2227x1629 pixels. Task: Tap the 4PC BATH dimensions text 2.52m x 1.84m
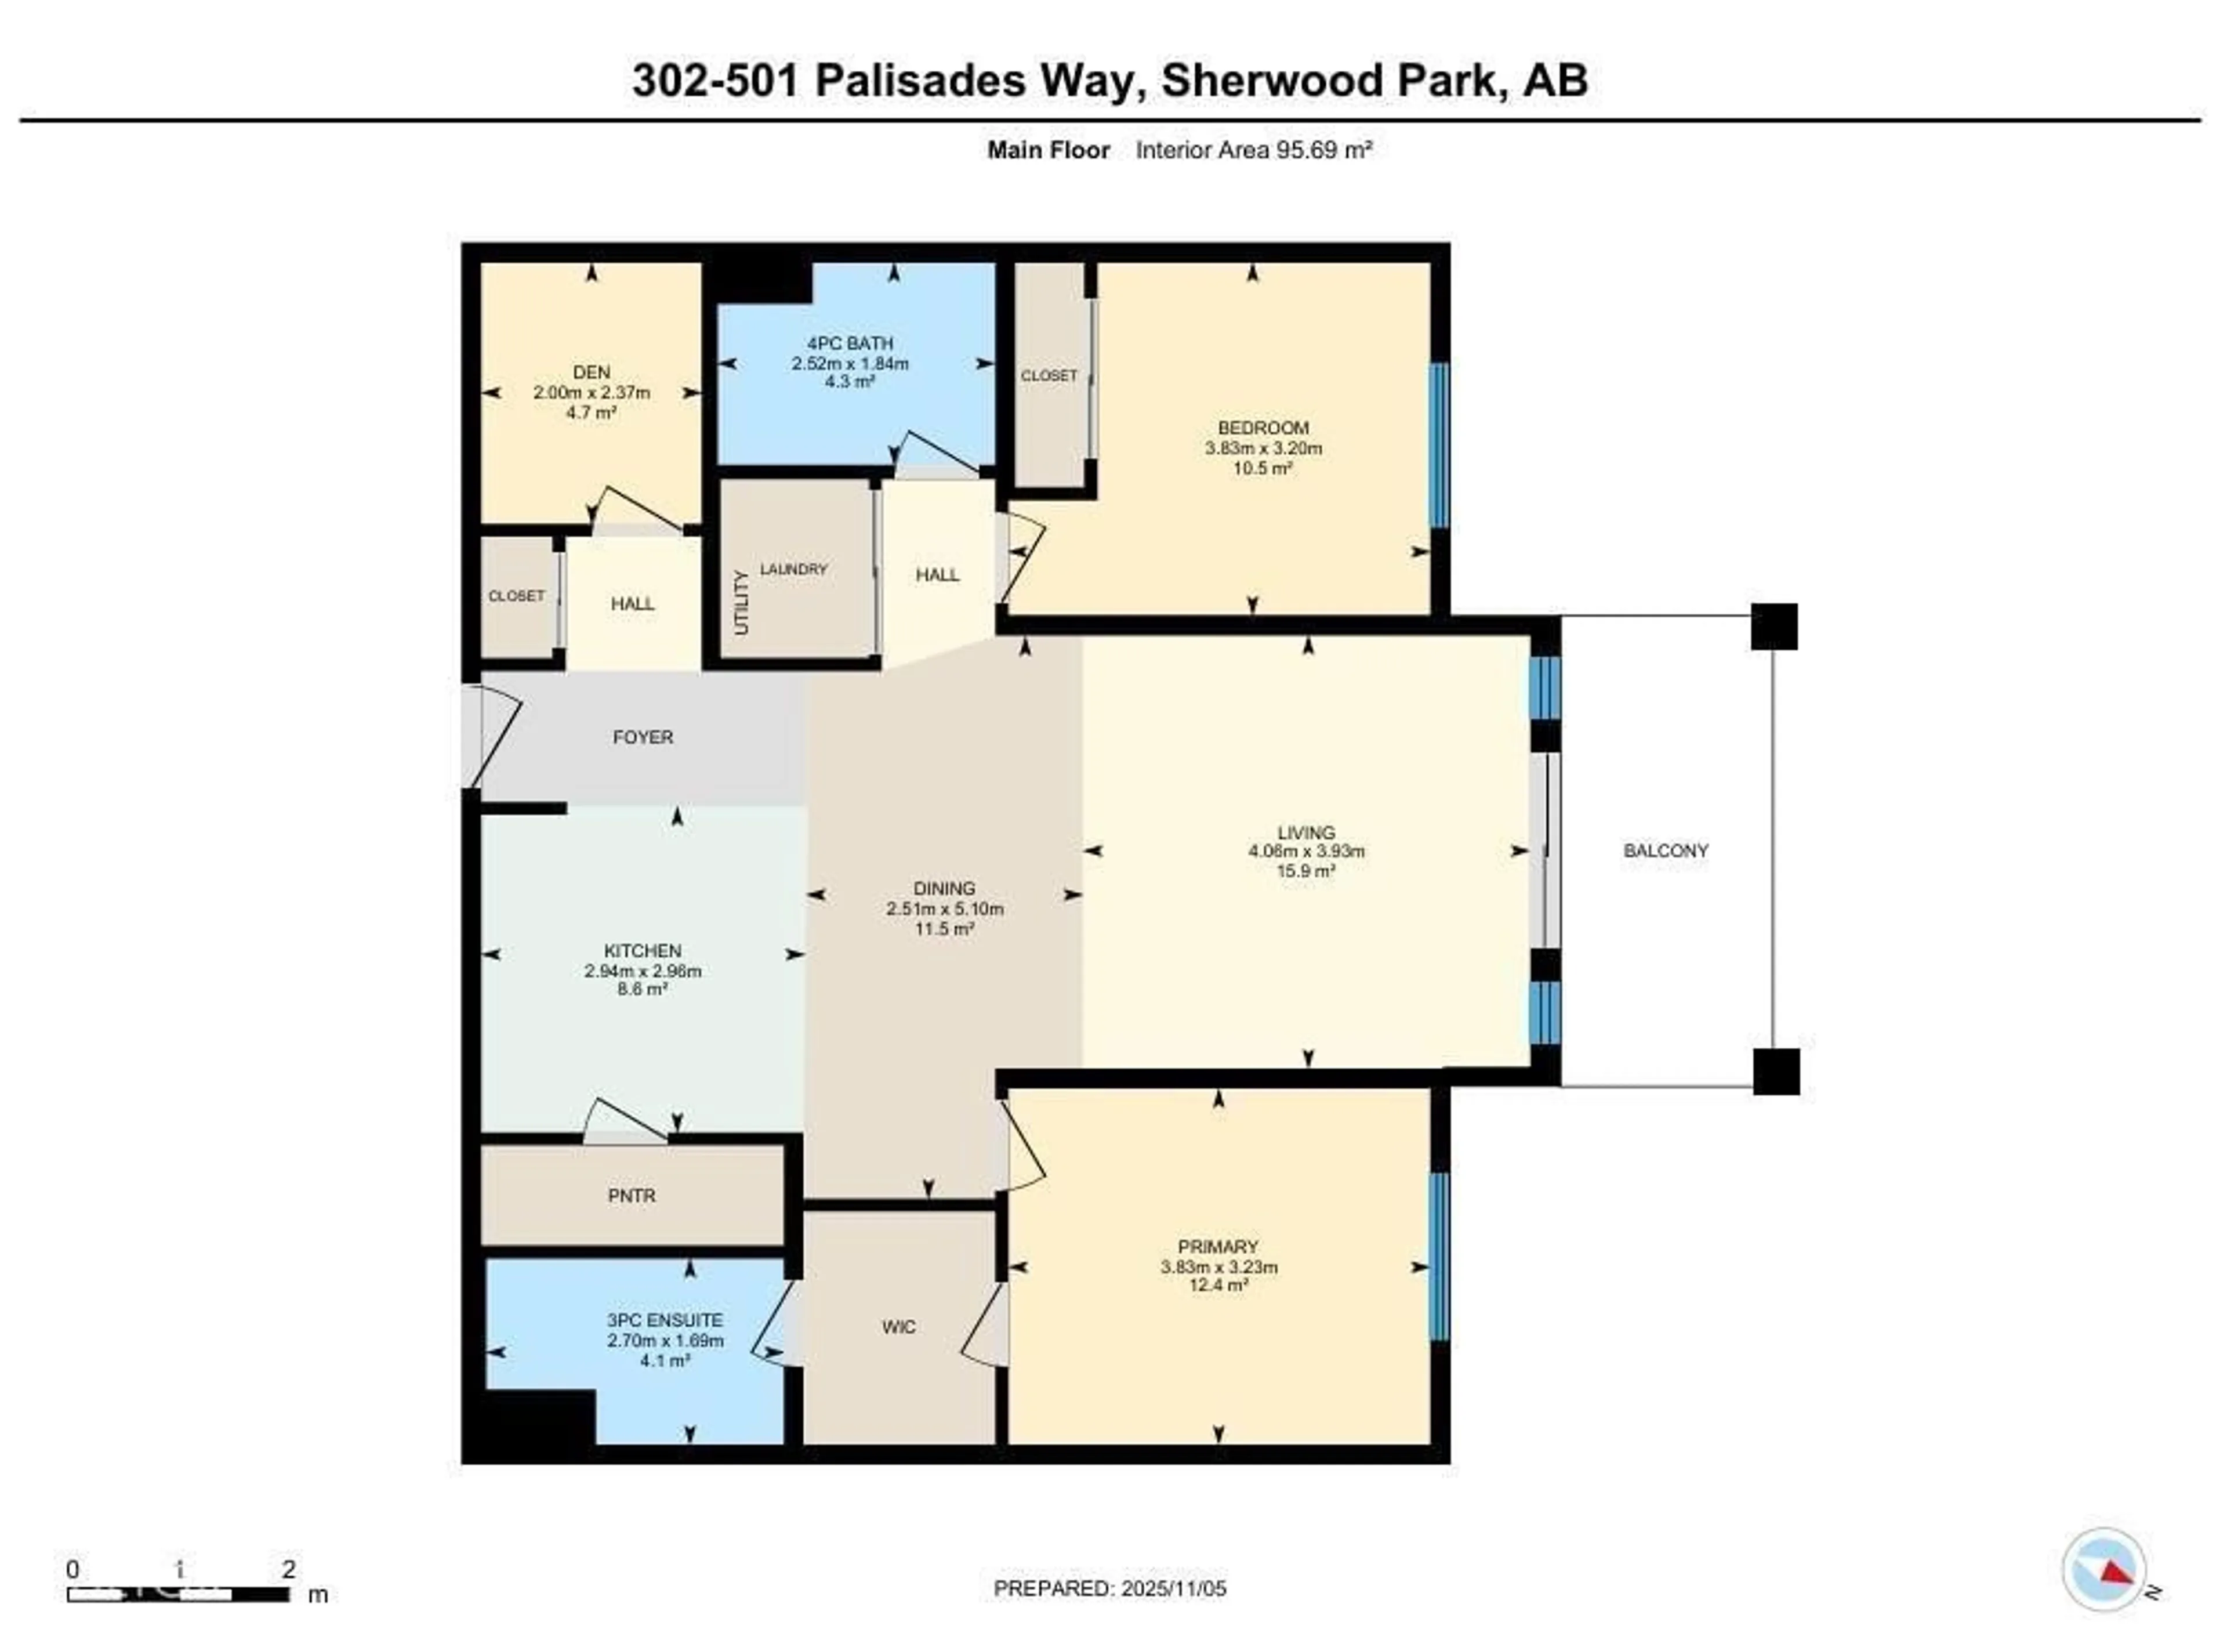(x=850, y=363)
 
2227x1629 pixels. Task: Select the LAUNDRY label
(x=793, y=569)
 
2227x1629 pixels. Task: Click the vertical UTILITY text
(x=741, y=602)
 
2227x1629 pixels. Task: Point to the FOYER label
(x=643, y=737)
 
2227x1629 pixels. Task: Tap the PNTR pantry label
(x=632, y=1195)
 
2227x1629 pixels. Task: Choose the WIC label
(x=898, y=1326)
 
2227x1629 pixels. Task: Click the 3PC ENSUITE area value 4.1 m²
(x=665, y=1360)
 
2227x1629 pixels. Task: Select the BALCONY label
(x=1665, y=850)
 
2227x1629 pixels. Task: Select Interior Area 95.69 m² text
(x=1253, y=150)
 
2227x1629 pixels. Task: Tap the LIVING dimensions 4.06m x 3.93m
(x=1306, y=851)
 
